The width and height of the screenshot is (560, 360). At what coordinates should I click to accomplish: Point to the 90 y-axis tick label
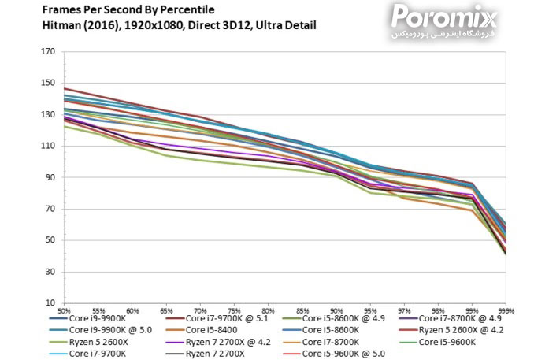point(50,177)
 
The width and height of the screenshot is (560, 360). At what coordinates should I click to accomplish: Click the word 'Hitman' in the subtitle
point(62,25)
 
